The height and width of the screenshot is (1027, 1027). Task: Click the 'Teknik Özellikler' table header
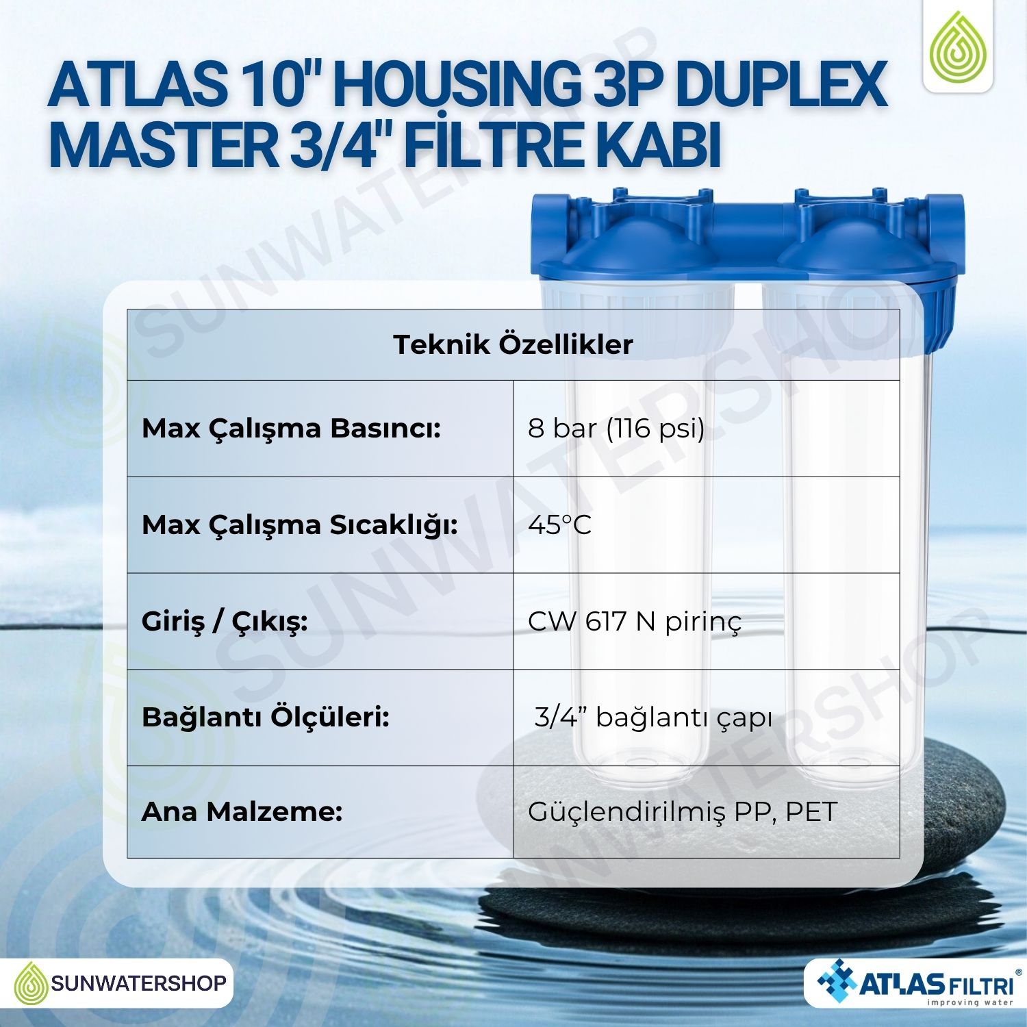click(x=513, y=344)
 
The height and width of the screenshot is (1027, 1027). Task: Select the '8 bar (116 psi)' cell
click(x=616, y=429)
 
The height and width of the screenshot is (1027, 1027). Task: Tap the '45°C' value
click(x=559, y=525)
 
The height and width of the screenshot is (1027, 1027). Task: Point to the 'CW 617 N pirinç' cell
click(x=635, y=622)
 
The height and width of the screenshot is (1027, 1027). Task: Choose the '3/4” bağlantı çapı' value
click(x=653, y=718)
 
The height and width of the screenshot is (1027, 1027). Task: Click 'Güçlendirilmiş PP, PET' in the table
click(x=683, y=812)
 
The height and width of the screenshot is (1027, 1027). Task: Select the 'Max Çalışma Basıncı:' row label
click(x=291, y=429)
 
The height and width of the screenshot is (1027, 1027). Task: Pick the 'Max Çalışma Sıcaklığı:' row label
click(x=300, y=526)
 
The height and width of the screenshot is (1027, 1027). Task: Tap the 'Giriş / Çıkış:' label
click(x=225, y=622)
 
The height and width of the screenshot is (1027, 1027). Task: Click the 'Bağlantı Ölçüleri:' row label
click(x=266, y=718)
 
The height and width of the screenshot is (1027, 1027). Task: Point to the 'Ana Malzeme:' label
click(x=242, y=812)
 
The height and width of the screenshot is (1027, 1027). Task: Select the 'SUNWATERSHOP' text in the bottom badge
click(x=138, y=984)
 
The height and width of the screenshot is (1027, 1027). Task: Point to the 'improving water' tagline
click(x=970, y=1002)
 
